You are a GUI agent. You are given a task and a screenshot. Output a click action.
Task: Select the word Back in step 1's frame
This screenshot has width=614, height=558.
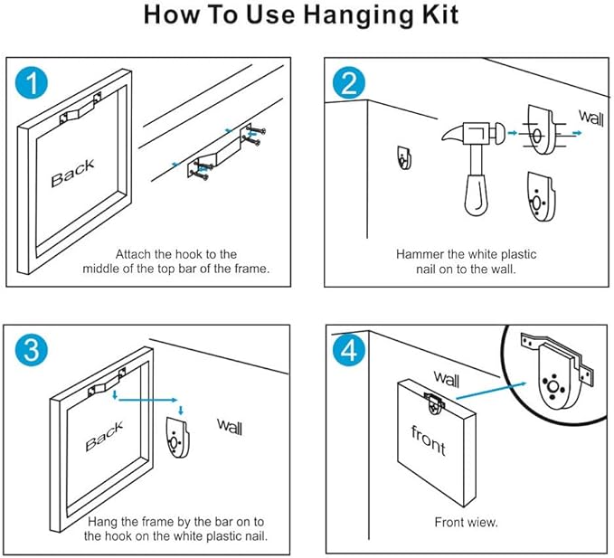[x=72, y=173]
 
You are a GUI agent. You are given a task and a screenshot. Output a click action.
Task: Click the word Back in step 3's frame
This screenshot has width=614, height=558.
[x=104, y=439]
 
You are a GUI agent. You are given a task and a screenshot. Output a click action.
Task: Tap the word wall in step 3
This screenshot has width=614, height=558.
[x=229, y=423]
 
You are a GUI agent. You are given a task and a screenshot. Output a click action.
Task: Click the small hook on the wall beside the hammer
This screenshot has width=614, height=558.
[x=402, y=157]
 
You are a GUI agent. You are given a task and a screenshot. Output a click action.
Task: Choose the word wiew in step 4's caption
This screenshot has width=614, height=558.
[x=481, y=522]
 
